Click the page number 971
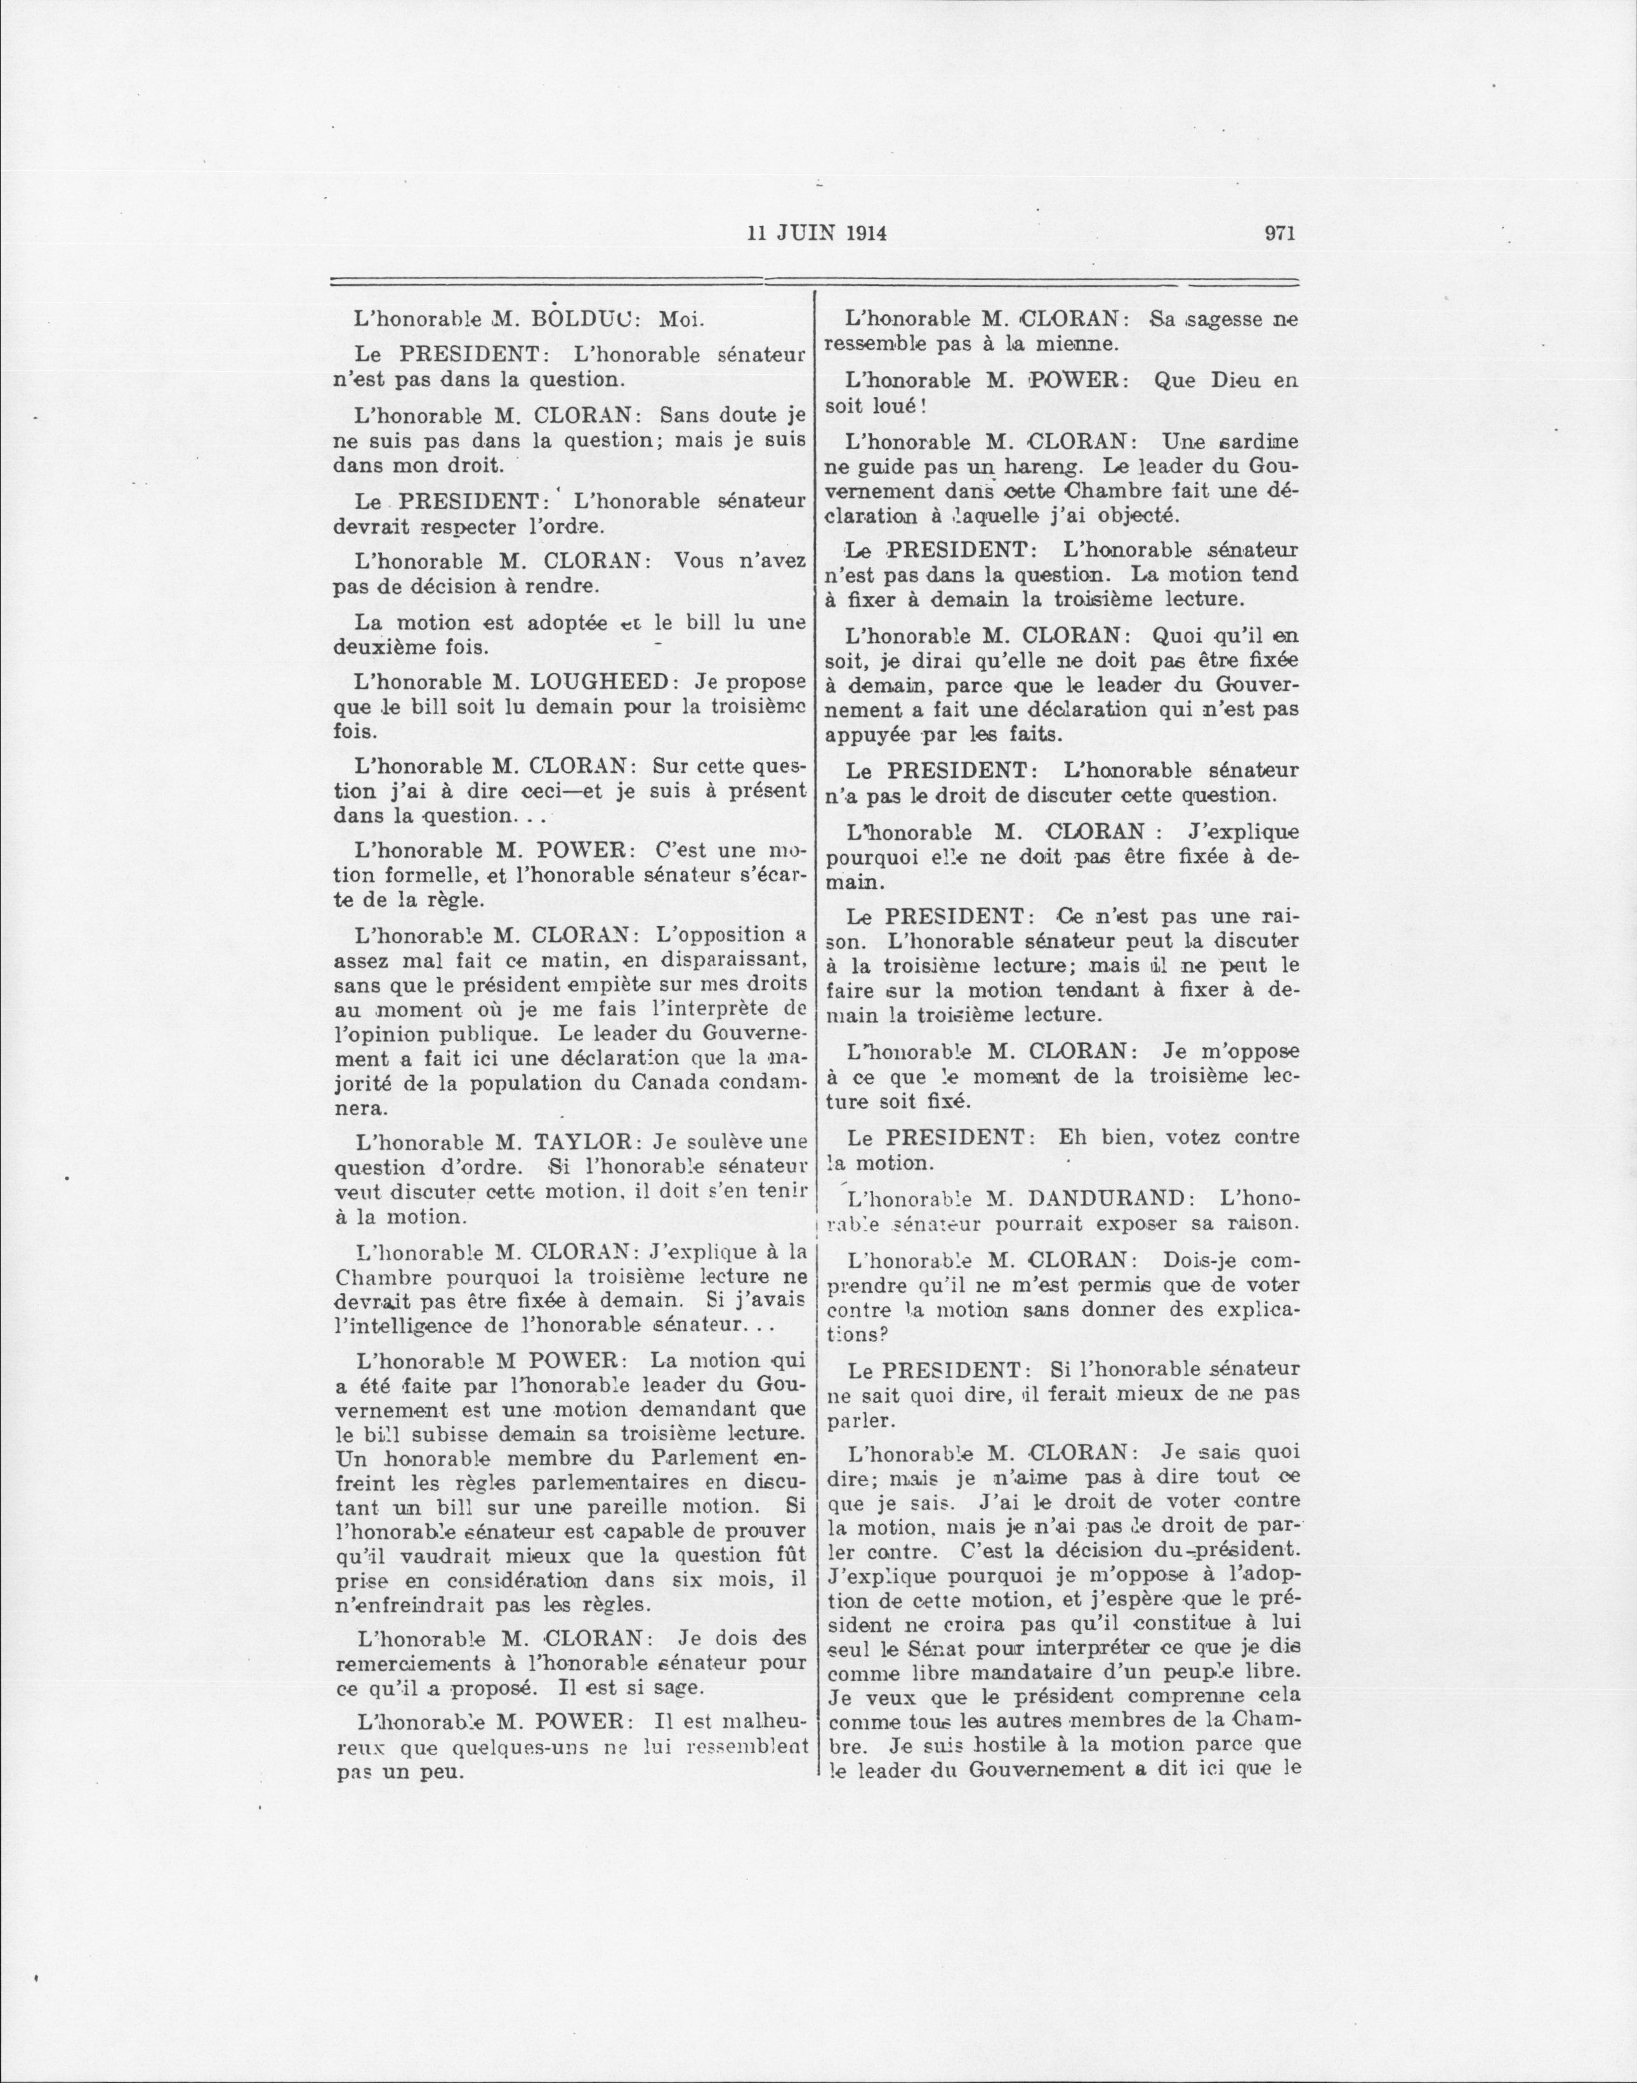point(1280,233)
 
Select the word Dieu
point(1213,379)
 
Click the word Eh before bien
point(1070,1137)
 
